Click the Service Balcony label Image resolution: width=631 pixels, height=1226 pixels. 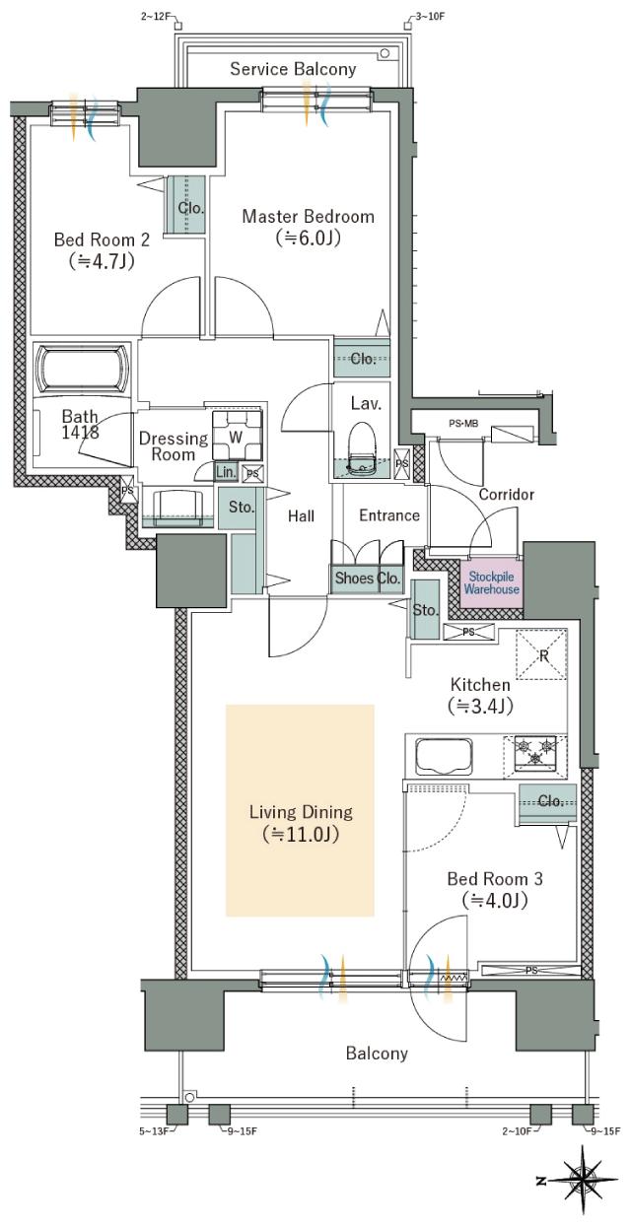point(293,69)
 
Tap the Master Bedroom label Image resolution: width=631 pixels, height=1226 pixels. point(309,216)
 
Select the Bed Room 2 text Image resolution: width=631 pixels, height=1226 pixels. point(102,239)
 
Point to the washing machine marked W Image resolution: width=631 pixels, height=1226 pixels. point(237,437)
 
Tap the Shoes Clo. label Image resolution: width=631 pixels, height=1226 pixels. point(368,578)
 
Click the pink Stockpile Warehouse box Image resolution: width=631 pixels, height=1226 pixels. point(491,582)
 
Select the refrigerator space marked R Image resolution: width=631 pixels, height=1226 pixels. point(541,654)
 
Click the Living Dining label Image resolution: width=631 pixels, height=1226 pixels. point(301,811)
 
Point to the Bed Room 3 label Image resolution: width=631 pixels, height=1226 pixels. point(495,878)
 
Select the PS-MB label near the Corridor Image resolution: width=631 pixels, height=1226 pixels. point(463,423)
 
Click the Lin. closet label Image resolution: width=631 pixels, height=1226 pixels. point(226,472)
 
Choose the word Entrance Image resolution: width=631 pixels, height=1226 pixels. point(389,515)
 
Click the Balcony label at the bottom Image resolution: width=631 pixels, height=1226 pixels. point(377,1055)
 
